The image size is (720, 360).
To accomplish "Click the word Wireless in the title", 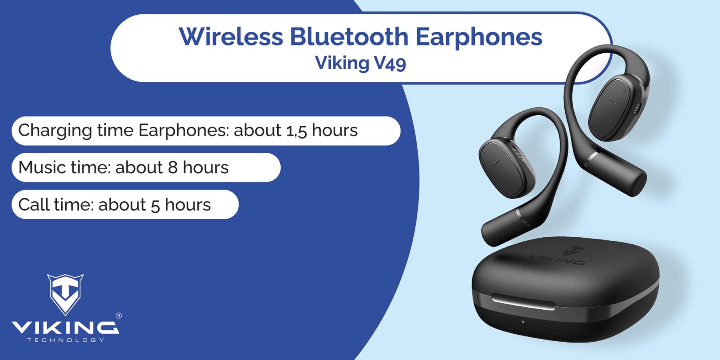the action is (x=231, y=36).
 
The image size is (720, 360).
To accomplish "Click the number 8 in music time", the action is (x=173, y=168).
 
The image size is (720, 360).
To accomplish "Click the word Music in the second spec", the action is (x=42, y=167).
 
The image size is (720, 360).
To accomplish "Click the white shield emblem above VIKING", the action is (x=65, y=294).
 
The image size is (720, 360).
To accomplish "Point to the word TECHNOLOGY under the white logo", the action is (x=65, y=340).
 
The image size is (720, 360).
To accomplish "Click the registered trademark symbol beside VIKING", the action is (x=118, y=316).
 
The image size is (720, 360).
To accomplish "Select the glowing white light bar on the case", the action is (x=523, y=302).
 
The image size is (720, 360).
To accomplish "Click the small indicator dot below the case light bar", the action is (x=523, y=322).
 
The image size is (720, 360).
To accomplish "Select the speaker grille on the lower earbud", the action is (x=518, y=154).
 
